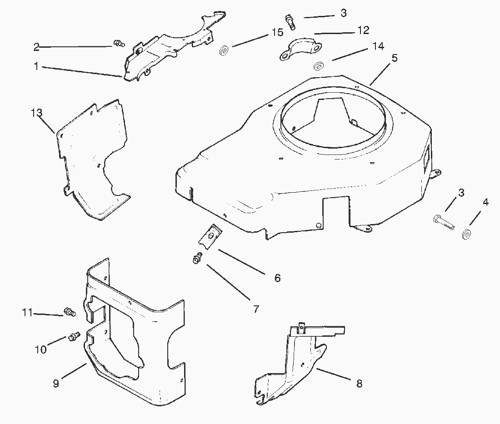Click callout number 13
tap(36, 112)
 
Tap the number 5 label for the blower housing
tap(394, 58)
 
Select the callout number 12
tap(363, 30)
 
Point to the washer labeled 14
tap(318, 67)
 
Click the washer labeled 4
tap(467, 234)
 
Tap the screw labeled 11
tap(70, 312)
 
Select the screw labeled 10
tap(74, 336)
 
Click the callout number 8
tap(359, 384)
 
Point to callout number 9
tap(56, 384)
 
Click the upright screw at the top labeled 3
tap(289, 21)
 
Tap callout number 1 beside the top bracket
tap(35, 66)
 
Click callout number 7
tap(256, 309)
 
